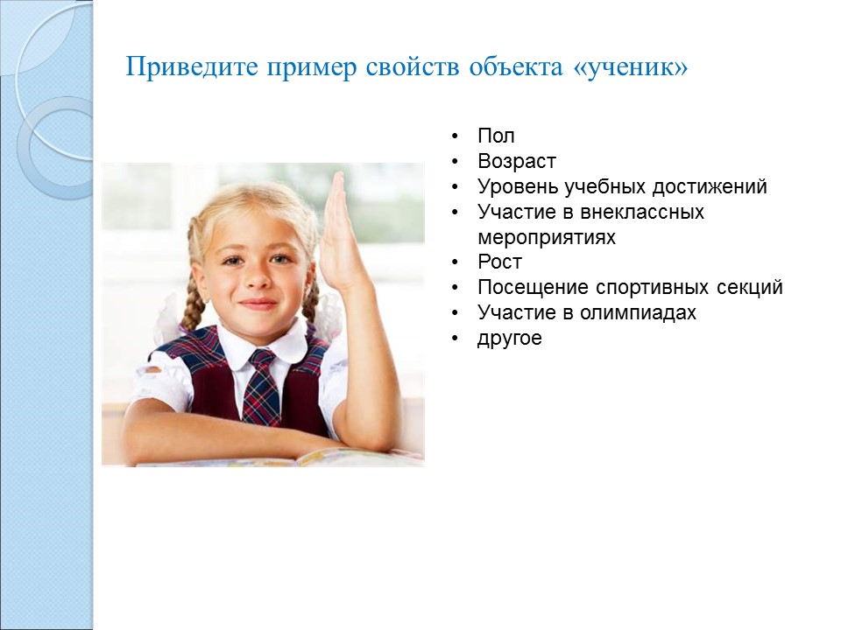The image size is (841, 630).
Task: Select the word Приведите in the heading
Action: coord(192,67)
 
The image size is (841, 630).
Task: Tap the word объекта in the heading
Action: coord(516,67)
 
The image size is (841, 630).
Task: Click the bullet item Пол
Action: coord(496,136)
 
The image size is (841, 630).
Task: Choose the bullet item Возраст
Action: coord(517,162)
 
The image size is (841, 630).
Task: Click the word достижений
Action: coord(710,187)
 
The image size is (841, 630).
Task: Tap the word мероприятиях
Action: coord(547,237)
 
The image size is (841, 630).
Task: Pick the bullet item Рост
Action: coord(499,262)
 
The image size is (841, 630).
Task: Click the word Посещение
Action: coord(534,288)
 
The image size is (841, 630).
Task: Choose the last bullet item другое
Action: coord(510,339)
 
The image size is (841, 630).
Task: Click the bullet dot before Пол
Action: coord(455,136)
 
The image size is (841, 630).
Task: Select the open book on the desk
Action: coord(279,457)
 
